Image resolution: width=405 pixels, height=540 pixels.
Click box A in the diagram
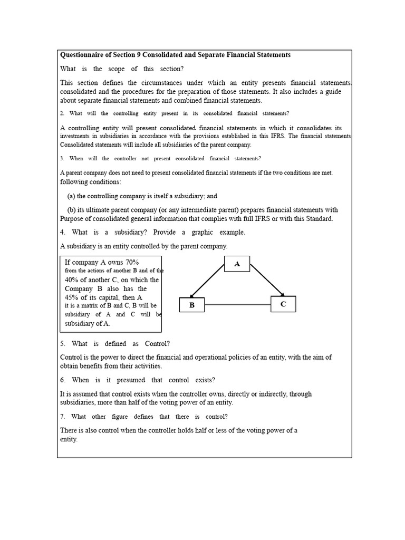click(237, 264)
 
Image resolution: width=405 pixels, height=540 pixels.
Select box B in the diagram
click(192, 305)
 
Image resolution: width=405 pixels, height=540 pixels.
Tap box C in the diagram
click(283, 304)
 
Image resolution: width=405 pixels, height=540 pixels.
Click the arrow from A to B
click(208, 281)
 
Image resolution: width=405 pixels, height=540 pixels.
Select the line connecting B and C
click(237, 305)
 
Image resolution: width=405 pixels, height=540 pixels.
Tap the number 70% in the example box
click(130, 262)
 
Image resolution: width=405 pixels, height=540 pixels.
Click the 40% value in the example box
click(73, 280)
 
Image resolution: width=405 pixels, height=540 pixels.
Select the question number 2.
click(62, 113)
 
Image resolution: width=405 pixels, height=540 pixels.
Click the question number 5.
click(62, 344)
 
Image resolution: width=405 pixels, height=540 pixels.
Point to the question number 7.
click(62, 417)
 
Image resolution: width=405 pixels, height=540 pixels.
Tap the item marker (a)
click(71, 196)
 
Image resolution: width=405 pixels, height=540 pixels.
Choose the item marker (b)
click(71, 210)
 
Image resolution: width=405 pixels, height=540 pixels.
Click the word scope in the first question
click(117, 69)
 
